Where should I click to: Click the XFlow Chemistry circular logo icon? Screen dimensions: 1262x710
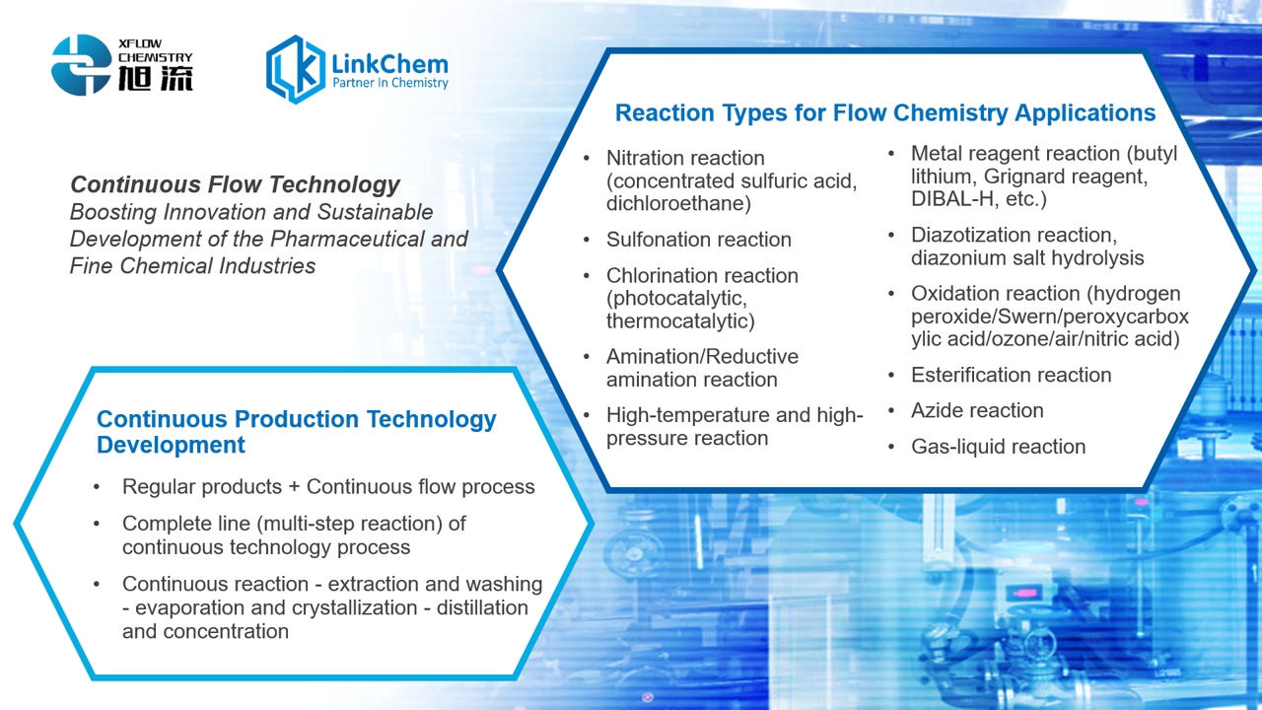(x=81, y=65)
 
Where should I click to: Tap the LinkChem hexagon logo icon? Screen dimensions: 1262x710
(x=295, y=69)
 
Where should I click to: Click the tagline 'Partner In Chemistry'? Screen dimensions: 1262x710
(x=389, y=83)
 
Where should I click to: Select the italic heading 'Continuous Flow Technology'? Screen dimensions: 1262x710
(x=235, y=184)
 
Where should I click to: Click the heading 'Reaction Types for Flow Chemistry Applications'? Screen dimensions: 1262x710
(x=885, y=112)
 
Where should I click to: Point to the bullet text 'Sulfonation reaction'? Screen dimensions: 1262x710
(x=699, y=240)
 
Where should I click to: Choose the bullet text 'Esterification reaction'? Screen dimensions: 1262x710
(x=1011, y=375)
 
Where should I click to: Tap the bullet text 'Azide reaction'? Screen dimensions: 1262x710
(x=977, y=410)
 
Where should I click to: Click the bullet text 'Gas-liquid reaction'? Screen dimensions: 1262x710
(x=998, y=447)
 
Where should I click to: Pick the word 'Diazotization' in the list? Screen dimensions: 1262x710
(x=971, y=235)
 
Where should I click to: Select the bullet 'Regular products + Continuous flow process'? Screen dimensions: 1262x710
(x=328, y=487)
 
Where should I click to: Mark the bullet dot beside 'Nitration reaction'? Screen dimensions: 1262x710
(x=587, y=159)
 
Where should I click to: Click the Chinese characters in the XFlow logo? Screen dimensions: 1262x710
(x=156, y=78)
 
